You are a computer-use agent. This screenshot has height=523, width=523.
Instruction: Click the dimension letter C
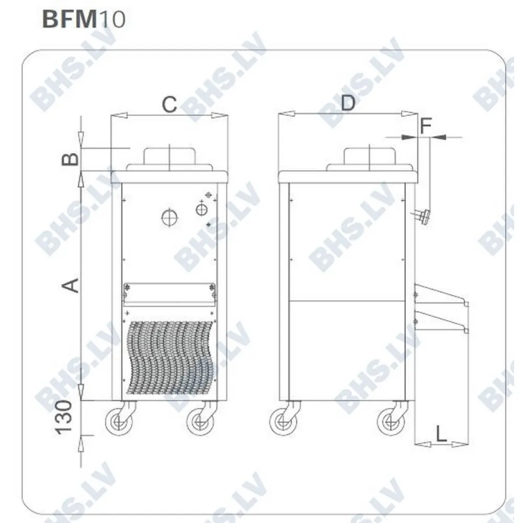pos(168,104)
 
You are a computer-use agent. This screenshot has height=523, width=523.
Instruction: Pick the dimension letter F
pos(426,125)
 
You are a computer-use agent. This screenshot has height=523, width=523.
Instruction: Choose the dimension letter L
pos(441,434)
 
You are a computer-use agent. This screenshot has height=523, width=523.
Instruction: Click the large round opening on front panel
pos(169,217)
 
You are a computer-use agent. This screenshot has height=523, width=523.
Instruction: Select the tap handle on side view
pos(423,216)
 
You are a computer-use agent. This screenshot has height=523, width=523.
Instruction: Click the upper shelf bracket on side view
pos(439,294)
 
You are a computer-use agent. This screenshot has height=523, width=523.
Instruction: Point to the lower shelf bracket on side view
pos(439,320)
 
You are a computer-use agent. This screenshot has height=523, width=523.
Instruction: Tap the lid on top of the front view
pos(169,157)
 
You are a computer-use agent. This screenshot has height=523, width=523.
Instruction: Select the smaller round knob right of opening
pos(201,209)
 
